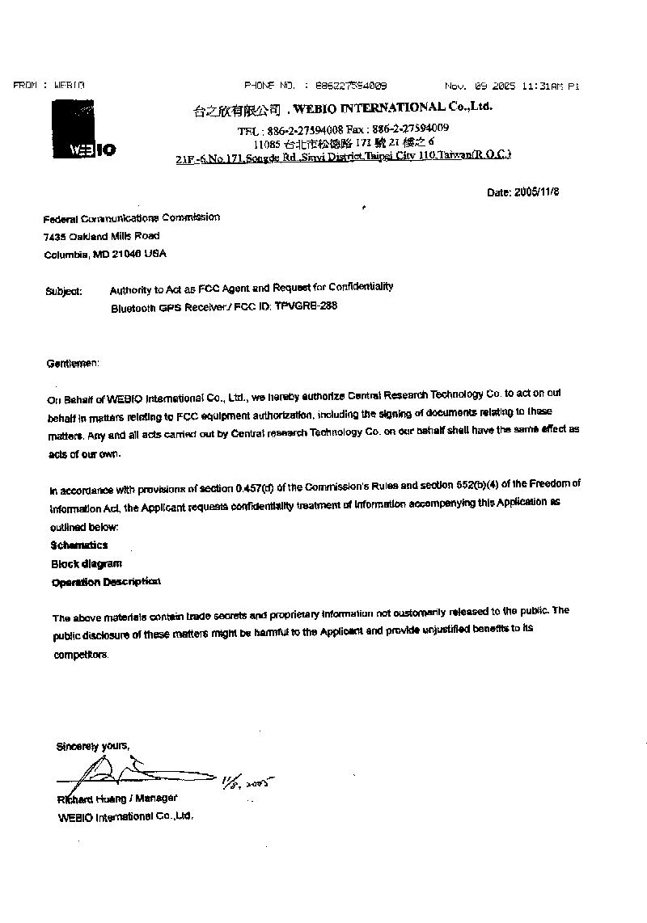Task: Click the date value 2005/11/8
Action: pos(535,192)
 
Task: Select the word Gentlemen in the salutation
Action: pos(73,364)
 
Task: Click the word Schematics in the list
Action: pos(79,546)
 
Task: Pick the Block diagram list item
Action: pos(87,564)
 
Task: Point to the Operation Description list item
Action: pos(106,582)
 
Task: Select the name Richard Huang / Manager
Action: pos(116,799)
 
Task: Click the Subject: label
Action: pos(64,291)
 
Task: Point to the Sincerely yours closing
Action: pos(92,746)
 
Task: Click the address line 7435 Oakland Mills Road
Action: pos(101,236)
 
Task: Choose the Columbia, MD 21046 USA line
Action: pos(104,254)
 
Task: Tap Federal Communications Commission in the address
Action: pos(131,218)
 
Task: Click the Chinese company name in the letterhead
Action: pos(236,111)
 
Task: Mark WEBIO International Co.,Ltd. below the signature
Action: pos(125,817)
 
